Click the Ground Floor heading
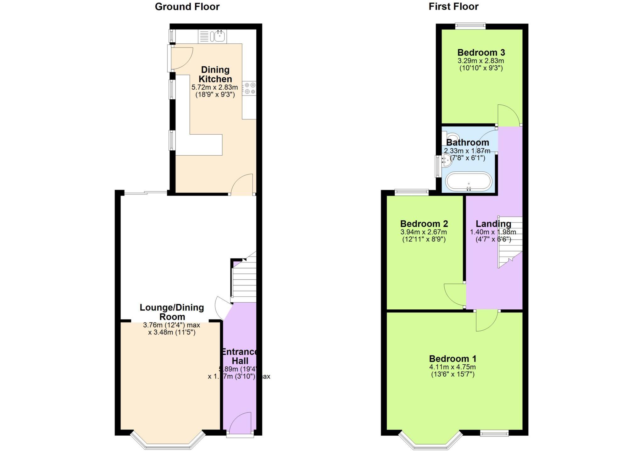pos(187,7)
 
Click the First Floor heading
pos(453,7)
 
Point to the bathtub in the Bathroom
pos(469,181)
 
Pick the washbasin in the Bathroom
pos(446,160)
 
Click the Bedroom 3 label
pos(481,52)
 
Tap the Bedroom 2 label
pos(424,224)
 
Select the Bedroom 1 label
pos(452,359)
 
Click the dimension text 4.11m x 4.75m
pos(452,367)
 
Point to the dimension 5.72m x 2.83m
pos(215,87)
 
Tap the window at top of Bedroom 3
pos(470,26)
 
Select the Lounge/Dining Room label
pos(172,312)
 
